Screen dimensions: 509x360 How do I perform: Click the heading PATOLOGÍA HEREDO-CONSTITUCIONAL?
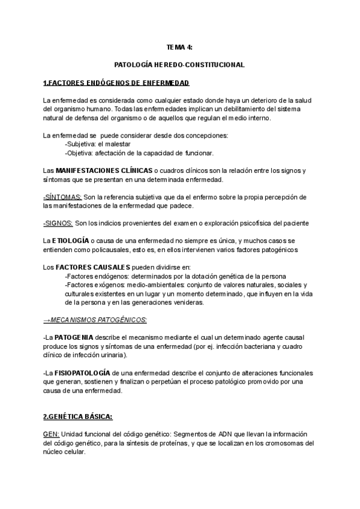pyautogui.click(x=179, y=64)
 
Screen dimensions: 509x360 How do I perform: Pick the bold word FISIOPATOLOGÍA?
pyautogui.click(x=83, y=373)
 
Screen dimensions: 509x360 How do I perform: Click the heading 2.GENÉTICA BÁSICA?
pyautogui.click(x=78, y=416)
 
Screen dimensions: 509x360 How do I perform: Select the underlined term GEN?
pyautogui.click(x=51, y=435)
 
